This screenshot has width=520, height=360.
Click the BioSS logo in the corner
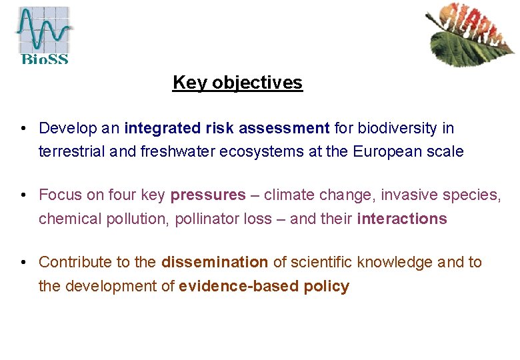(x=43, y=34)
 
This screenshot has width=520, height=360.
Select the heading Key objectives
(x=237, y=83)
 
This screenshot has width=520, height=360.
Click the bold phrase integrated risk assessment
(x=227, y=128)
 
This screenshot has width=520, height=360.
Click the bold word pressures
(x=208, y=195)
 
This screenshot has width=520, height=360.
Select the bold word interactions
(x=402, y=219)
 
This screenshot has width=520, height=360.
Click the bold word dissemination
(x=214, y=263)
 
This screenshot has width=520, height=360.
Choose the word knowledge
(x=395, y=263)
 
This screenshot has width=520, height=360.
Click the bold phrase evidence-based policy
(x=264, y=287)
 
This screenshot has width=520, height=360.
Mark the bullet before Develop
(x=23, y=128)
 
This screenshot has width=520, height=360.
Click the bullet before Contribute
(x=23, y=263)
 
